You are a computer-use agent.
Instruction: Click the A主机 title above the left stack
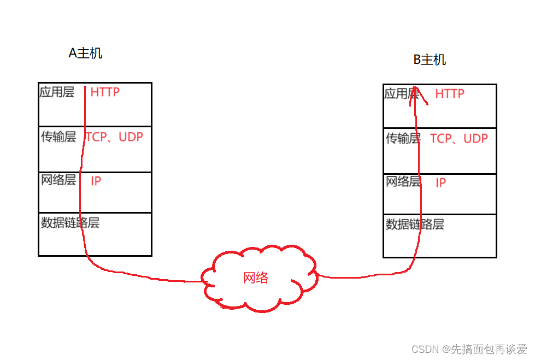click(85, 53)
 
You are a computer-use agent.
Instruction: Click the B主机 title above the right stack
click(430, 60)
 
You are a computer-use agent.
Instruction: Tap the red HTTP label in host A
click(105, 92)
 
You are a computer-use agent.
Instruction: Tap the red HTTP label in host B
click(450, 94)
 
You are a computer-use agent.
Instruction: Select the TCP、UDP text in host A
click(115, 137)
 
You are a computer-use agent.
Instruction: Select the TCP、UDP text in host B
click(459, 139)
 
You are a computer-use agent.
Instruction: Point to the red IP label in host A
click(96, 181)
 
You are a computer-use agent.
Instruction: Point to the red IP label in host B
click(440, 183)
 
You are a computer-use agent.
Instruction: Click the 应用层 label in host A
click(57, 92)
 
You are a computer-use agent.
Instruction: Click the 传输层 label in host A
click(58, 137)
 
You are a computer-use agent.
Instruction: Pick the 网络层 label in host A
click(58, 180)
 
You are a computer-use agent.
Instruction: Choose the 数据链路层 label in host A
click(70, 222)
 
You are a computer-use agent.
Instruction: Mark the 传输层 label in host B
click(403, 139)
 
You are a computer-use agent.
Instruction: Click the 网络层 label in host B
click(403, 181)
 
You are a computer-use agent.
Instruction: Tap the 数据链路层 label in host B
click(415, 224)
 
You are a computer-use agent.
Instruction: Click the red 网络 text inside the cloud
click(256, 278)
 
